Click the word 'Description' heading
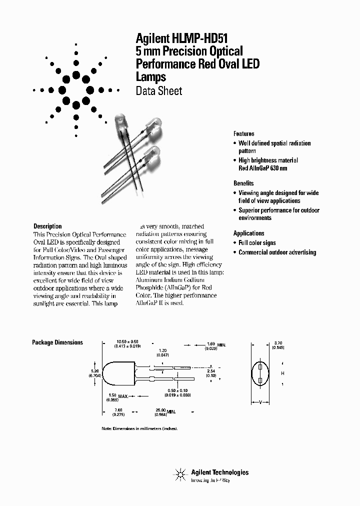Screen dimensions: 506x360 (47, 226)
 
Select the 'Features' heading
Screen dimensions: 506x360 (243, 134)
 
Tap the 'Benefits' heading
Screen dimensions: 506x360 (243, 183)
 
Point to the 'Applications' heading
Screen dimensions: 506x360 (248, 233)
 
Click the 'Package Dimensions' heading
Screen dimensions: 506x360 (57, 342)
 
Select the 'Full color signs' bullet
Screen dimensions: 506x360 (257, 243)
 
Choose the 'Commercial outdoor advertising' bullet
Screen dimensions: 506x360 (277, 252)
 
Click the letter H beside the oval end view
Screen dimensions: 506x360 (282, 373)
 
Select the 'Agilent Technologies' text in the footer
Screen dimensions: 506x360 (219, 472)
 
